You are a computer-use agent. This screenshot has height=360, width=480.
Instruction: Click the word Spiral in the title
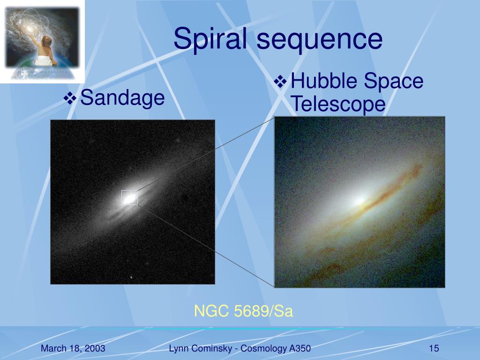click(210, 39)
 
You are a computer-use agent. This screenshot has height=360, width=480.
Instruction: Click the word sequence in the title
click(320, 40)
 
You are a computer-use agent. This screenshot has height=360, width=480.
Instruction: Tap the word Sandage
click(122, 98)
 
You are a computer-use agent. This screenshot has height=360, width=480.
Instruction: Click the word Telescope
click(338, 104)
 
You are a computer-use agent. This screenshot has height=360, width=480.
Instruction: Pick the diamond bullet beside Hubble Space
click(280, 82)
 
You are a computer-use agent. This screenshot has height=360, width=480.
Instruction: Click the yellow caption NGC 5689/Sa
click(244, 311)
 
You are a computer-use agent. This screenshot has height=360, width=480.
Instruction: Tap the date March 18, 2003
click(73, 348)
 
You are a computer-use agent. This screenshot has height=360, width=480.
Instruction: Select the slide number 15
click(434, 348)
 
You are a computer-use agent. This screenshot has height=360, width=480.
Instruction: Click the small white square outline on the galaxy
click(129, 190)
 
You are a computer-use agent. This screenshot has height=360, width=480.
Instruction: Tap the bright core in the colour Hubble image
click(359, 201)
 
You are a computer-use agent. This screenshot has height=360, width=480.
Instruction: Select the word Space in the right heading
click(393, 81)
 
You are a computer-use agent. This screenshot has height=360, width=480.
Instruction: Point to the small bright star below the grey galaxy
click(131, 277)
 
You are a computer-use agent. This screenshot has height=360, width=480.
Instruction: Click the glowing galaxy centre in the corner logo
click(30, 29)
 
